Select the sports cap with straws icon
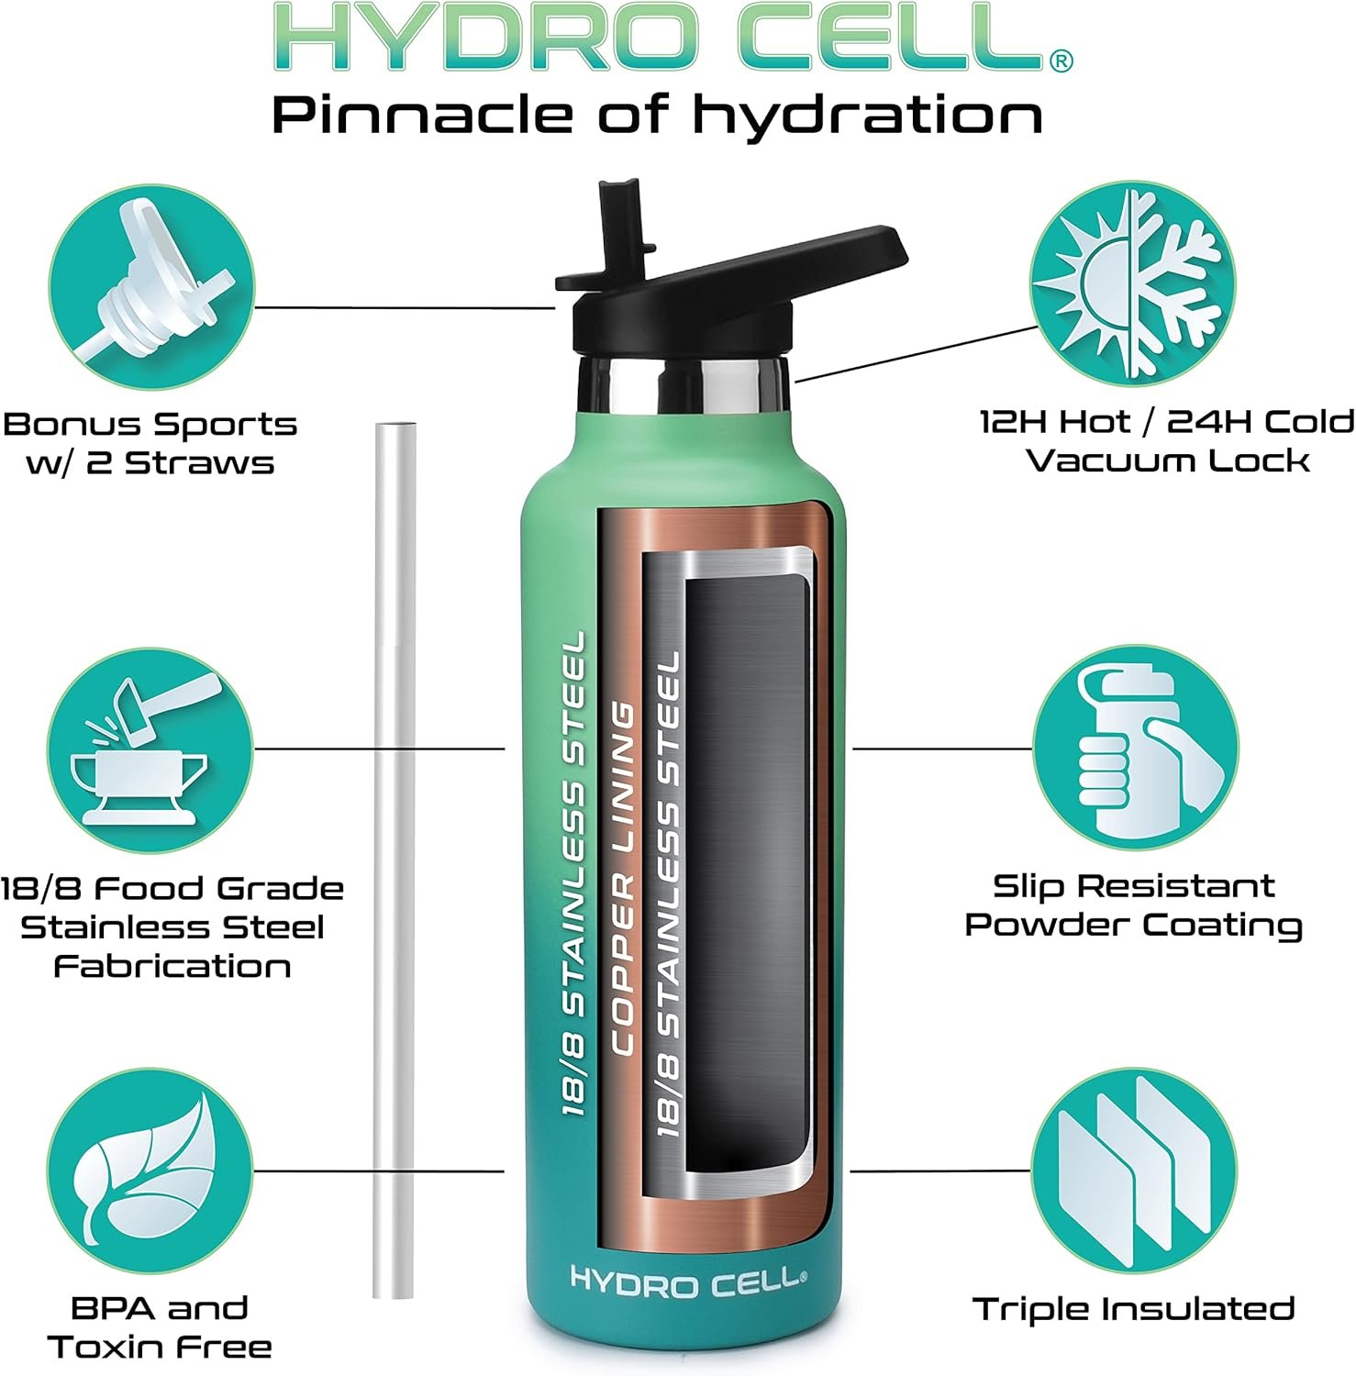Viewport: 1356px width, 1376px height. (x=150, y=288)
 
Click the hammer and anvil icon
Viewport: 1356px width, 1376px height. (x=150, y=748)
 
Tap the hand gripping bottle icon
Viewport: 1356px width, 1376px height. (x=1135, y=748)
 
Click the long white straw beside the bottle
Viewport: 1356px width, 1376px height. (x=395, y=860)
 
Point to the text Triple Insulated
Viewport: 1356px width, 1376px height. (x=1134, y=1309)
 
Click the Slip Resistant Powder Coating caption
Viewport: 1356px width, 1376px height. (x=1134, y=905)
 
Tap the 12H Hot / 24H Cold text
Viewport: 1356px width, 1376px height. (x=1166, y=422)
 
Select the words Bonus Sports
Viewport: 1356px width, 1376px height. (x=150, y=425)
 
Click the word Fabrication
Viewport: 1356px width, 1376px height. (x=172, y=966)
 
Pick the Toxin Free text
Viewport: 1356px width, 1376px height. (x=160, y=1347)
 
